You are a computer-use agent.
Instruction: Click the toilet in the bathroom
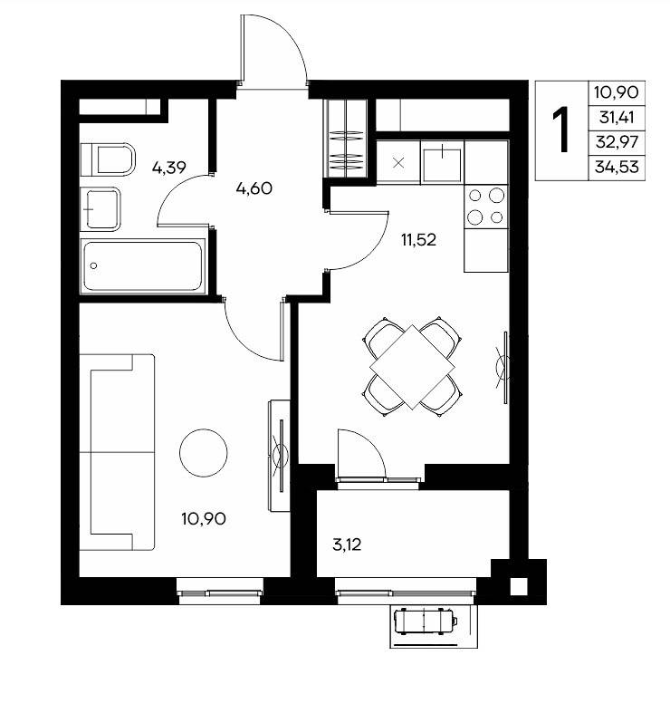108,159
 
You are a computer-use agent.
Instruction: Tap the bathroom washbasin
100,209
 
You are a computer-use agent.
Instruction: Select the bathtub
143,266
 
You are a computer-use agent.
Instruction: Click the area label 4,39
169,168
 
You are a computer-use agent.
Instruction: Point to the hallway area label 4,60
254,188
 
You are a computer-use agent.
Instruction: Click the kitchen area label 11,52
418,239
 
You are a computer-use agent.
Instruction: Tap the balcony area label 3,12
347,544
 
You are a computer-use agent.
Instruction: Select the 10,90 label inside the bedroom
204,518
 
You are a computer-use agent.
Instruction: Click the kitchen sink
442,162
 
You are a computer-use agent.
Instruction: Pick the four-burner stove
486,207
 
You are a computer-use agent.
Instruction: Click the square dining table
412,367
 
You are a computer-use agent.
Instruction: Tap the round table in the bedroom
203,453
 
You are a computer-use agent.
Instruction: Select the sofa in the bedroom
118,452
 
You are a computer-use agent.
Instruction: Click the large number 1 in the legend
562,130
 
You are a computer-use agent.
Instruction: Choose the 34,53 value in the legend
617,168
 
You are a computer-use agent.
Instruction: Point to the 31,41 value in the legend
617,117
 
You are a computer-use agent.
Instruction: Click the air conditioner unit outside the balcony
426,621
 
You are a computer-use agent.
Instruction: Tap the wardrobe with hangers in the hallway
347,139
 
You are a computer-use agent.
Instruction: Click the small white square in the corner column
518,586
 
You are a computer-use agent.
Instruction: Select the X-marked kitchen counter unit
398,162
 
